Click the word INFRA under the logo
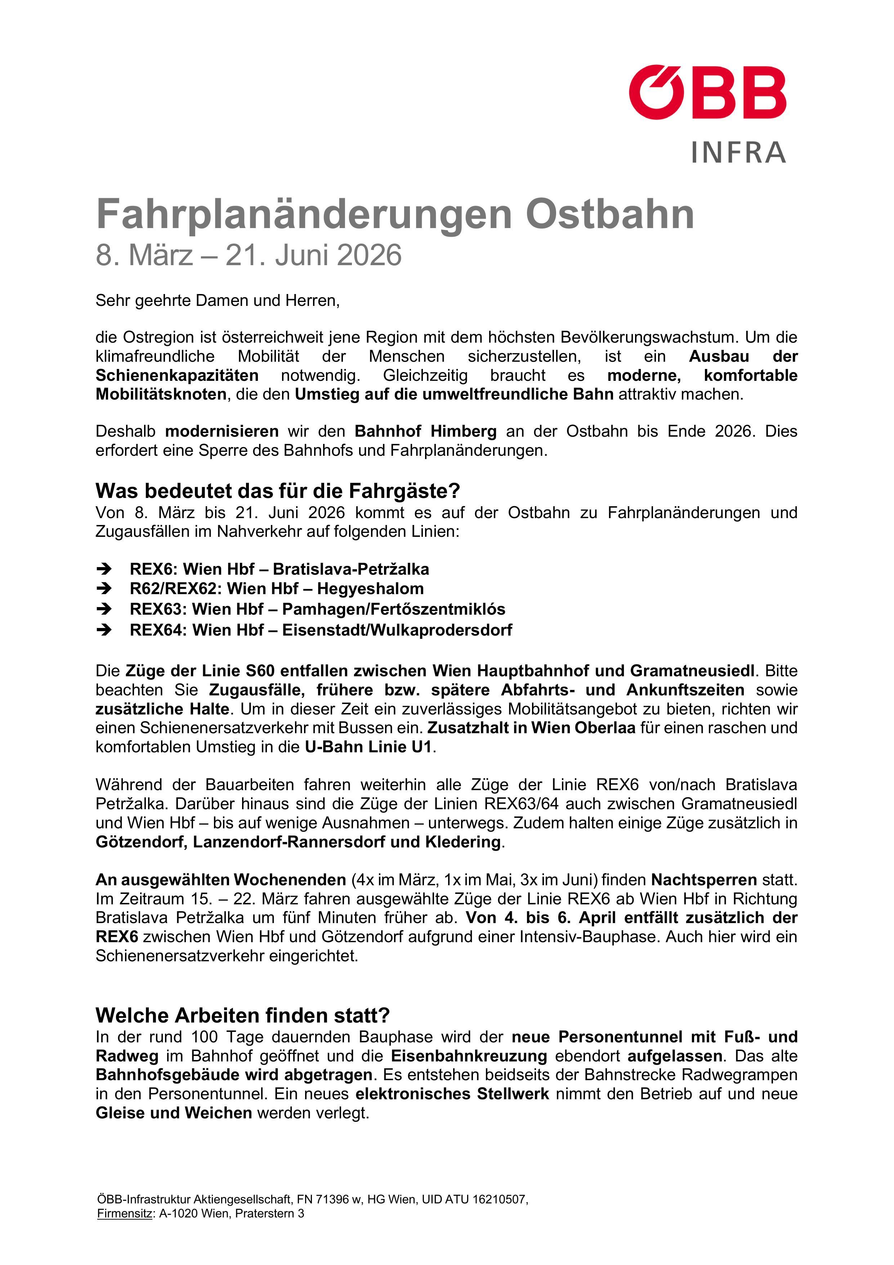pos(738,153)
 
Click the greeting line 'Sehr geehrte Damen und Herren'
pos(218,301)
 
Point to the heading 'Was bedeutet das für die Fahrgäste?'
pos(278,490)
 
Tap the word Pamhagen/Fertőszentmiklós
pos(393,609)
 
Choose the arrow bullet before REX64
pos(104,630)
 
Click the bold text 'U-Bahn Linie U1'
pos(368,747)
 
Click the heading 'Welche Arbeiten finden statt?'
pos(243,1015)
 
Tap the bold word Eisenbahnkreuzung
pos(469,1056)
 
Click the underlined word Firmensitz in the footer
pos(125,1214)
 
